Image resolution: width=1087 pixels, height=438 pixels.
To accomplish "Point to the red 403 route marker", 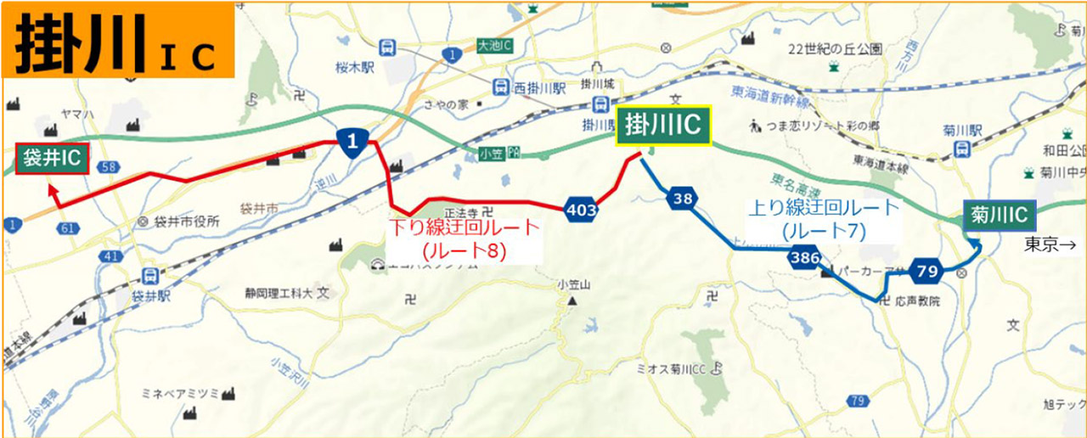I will click(x=579, y=206).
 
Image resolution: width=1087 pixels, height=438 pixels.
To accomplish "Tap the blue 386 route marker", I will click(x=803, y=258).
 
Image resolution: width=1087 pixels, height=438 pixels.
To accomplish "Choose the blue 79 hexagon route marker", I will click(x=926, y=272).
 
